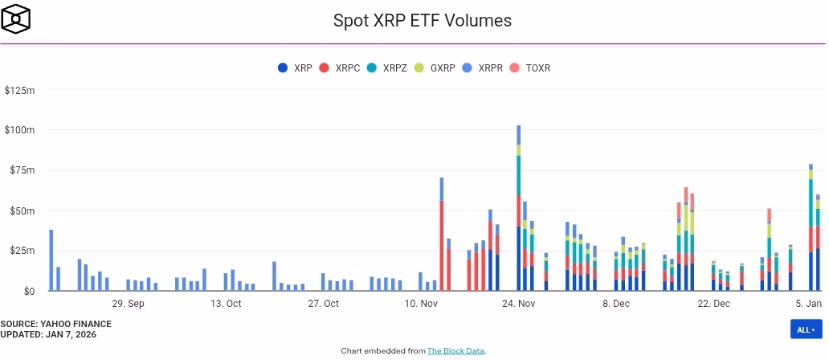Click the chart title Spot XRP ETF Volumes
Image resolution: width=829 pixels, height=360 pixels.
(422, 20)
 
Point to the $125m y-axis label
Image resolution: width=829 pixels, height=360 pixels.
(20, 90)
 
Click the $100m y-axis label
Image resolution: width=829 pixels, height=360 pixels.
(20, 130)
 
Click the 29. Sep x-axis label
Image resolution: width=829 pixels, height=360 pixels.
(128, 304)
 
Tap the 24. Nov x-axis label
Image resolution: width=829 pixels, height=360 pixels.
(518, 304)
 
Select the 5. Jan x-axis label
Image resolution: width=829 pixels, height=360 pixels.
(808, 304)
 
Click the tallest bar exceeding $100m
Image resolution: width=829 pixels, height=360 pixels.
(518, 209)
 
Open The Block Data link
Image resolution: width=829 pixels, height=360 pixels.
(455, 350)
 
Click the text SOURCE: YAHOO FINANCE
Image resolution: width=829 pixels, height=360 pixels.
(55, 324)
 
